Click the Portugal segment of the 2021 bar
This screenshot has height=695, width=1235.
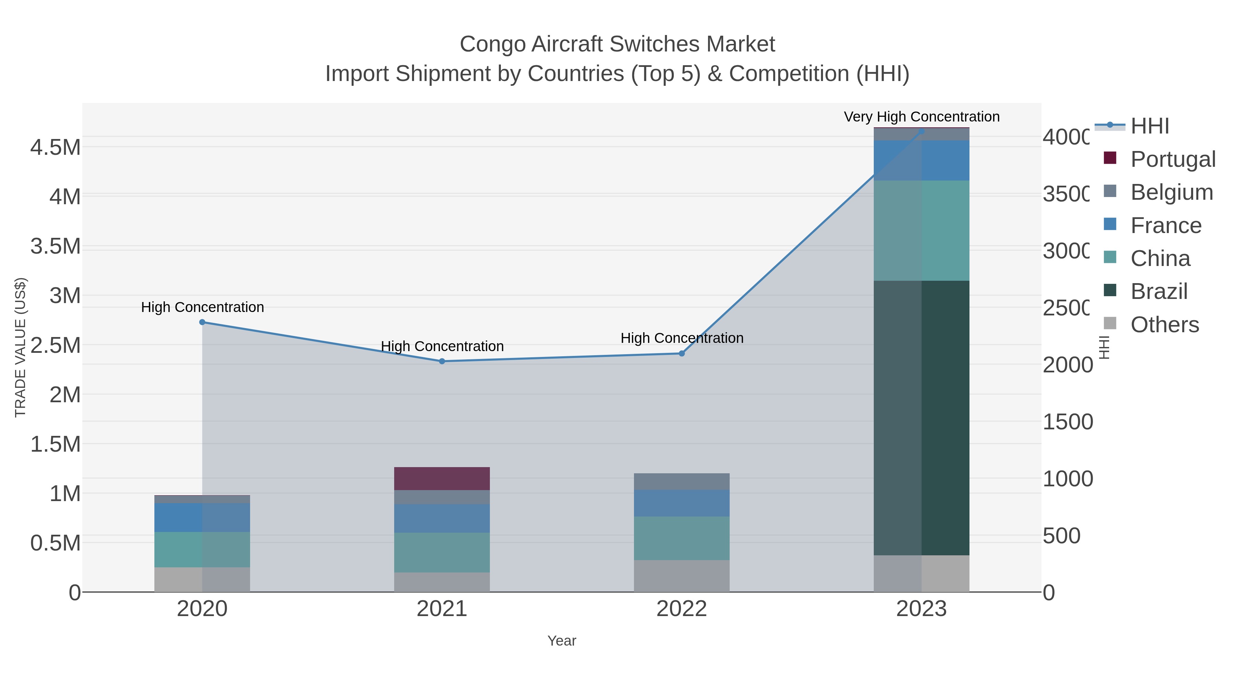[442, 478]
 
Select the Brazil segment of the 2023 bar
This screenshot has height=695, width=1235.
[921, 418]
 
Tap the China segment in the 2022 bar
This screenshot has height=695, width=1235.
[681, 538]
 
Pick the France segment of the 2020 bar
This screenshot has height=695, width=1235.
[202, 518]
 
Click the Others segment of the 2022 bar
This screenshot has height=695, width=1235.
[681, 576]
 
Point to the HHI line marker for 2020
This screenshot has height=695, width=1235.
[202, 322]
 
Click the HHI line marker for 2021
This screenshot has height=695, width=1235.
[442, 361]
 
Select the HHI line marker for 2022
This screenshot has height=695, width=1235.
[681, 354]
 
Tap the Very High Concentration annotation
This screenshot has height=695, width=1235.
[921, 117]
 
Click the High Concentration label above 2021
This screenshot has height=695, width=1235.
[442, 346]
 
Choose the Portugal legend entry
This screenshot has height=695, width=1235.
[1172, 159]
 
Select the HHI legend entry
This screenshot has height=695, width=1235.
[1149, 126]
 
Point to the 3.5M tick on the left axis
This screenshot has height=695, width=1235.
[56, 246]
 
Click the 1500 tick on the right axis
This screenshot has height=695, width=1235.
[1067, 422]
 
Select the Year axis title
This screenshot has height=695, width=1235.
[561, 641]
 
